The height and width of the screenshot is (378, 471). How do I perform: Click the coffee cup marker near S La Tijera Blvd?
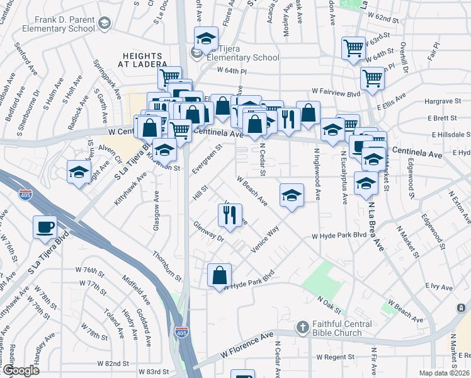[x=45, y=227]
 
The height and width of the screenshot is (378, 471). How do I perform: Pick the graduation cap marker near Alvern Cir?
[x=79, y=172]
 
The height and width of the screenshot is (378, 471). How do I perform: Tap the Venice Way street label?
[x=266, y=239]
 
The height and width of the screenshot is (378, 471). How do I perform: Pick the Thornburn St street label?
[x=167, y=266]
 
